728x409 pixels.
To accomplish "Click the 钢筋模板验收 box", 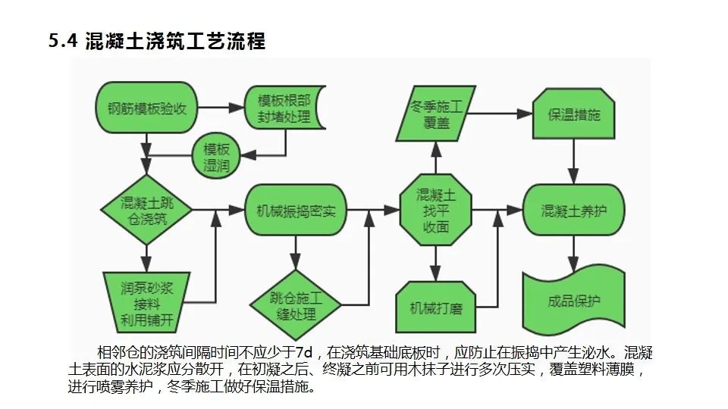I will coord(147,108).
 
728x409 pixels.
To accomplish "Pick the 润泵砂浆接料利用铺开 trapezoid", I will coord(147,302).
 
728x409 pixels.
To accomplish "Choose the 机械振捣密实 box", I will coord(291,210).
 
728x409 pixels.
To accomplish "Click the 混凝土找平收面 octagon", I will coord(436,210).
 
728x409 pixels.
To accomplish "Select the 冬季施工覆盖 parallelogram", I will coord(436,114).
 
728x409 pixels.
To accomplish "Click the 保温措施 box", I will coord(574,114).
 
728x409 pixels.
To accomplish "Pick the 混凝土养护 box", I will coord(574,210).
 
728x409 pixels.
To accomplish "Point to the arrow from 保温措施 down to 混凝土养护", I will coord(574,161).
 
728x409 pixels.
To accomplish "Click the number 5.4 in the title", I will coord(63,42).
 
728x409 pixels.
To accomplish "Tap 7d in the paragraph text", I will coord(303,353).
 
